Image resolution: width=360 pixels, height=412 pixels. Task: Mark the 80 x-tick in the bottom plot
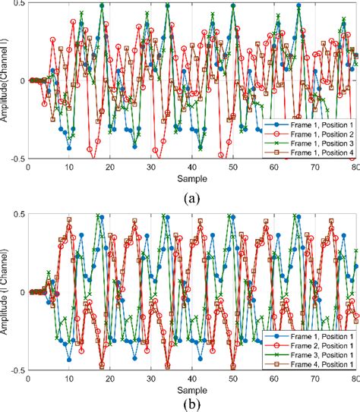tap(355, 377)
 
